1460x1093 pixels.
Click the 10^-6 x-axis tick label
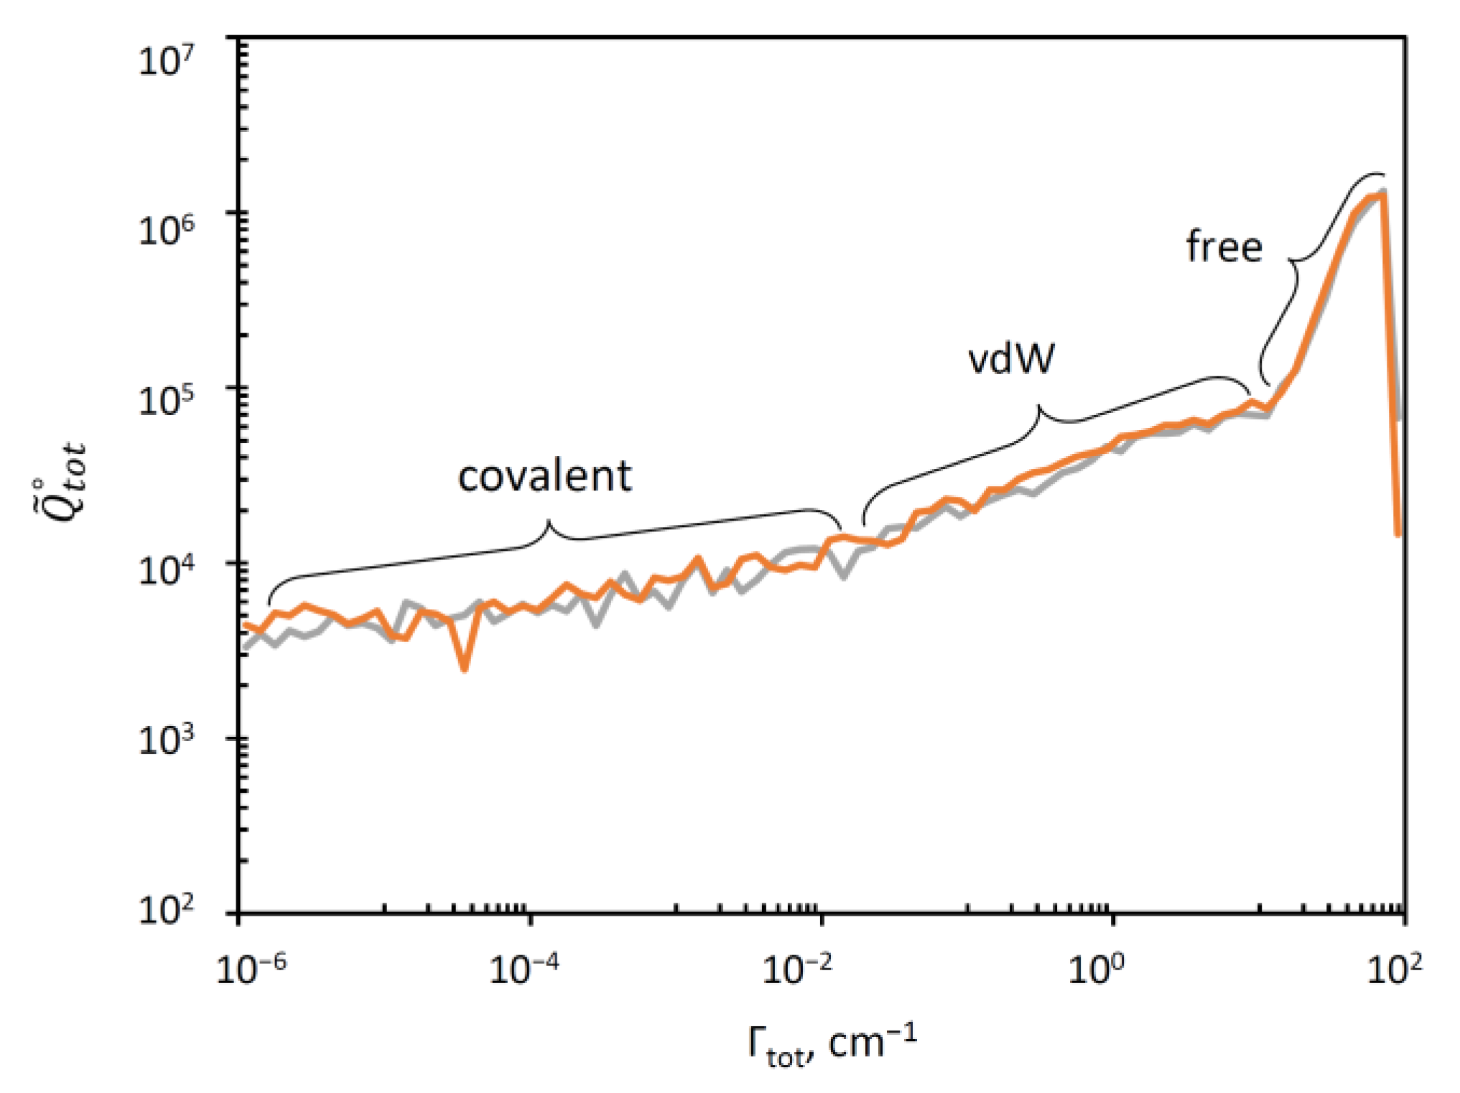click(251, 969)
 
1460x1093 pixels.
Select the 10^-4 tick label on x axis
click(524, 969)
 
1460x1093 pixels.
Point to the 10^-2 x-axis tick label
click(797, 969)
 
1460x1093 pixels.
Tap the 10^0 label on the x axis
click(1095, 969)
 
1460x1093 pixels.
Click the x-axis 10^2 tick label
click(1394, 969)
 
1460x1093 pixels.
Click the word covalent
click(544, 476)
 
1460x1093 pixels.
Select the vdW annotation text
click(1011, 358)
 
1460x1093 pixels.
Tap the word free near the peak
click(1224, 246)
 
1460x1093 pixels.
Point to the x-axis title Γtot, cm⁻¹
click(832, 1045)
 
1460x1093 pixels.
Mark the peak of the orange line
click(1383, 194)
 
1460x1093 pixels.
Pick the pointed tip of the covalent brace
click(549, 521)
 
